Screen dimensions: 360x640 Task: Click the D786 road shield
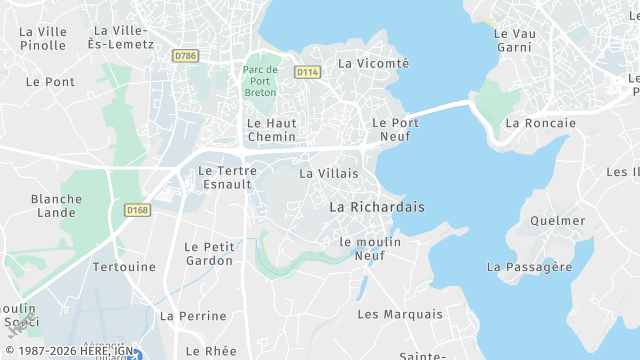point(185,56)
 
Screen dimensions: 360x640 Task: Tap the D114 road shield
point(307,72)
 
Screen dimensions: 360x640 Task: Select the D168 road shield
point(137,210)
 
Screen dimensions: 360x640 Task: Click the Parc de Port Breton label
point(260,81)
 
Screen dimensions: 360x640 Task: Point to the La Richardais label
point(377,207)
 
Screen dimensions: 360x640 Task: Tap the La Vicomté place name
point(374,63)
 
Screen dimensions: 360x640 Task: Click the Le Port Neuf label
point(395,129)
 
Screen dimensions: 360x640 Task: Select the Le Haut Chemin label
point(271,129)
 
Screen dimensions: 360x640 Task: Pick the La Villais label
point(322,173)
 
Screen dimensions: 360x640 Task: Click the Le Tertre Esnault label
point(228,177)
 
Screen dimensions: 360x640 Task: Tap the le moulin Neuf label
point(370,248)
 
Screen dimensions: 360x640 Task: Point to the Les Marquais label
point(400,314)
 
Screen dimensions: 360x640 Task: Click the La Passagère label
point(529,267)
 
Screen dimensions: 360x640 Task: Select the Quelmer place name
point(558,221)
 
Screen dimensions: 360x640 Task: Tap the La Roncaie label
point(541,123)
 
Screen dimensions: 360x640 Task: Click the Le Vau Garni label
point(514,40)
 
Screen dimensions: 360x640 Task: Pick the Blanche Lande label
point(57,205)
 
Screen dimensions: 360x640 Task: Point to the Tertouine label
point(124,267)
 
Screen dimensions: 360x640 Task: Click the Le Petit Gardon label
point(210,253)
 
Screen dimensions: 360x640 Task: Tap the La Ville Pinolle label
point(43,38)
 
